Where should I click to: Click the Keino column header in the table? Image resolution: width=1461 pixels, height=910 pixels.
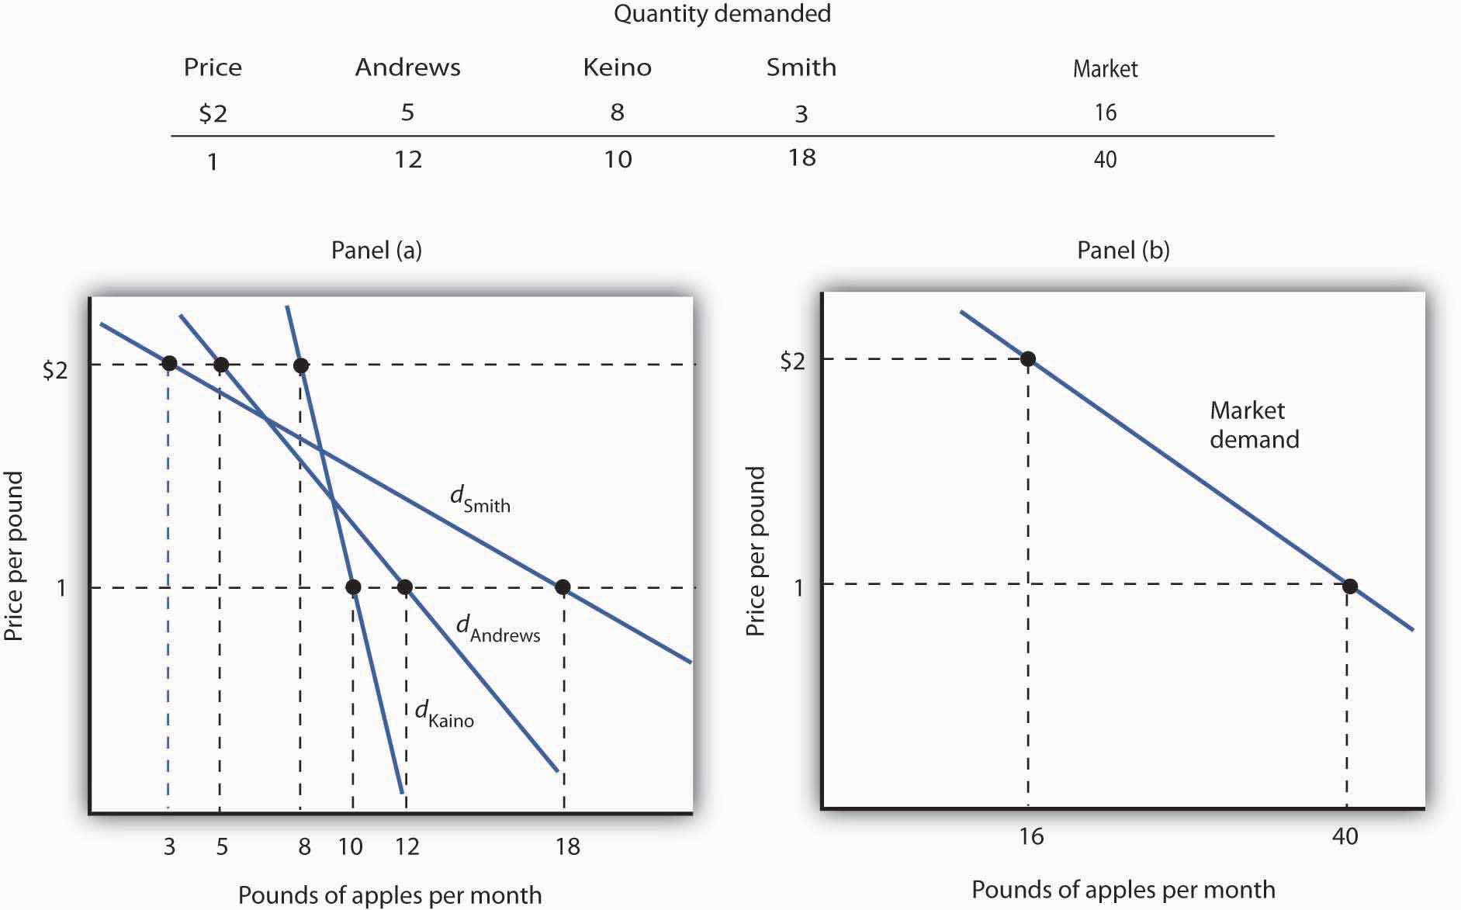[x=617, y=67]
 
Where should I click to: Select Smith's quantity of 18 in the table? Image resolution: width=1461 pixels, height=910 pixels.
[x=801, y=157]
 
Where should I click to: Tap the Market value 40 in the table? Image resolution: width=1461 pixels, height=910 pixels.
[x=1105, y=160]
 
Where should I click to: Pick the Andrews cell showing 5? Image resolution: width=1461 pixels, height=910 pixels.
[x=407, y=112]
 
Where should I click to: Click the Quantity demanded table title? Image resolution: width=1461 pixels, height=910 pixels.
[x=722, y=14]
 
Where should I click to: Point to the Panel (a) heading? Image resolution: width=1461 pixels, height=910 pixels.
[x=376, y=250]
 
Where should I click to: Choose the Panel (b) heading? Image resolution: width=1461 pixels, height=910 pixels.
[x=1123, y=250]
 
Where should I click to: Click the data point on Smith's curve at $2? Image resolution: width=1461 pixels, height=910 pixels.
[x=168, y=363]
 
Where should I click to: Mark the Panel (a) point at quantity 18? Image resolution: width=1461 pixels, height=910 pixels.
[x=563, y=587]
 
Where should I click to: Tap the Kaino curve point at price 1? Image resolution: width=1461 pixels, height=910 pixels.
[x=353, y=587]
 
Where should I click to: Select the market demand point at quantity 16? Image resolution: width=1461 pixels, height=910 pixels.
[x=1028, y=358]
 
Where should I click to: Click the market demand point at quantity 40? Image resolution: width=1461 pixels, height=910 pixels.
[x=1350, y=586]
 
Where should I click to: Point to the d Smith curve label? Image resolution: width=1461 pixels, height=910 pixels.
[x=480, y=499]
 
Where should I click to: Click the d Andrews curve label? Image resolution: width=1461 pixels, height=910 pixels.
[x=497, y=628]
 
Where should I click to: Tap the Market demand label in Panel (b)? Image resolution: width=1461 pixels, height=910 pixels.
[x=1253, y=424]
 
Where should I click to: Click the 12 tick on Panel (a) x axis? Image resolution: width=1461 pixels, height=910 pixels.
[x=407, y=846]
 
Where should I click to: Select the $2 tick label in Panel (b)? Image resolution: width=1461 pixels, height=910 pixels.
[x=792, y=361]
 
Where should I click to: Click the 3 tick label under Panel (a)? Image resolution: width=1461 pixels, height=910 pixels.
[x=169, y=846]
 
